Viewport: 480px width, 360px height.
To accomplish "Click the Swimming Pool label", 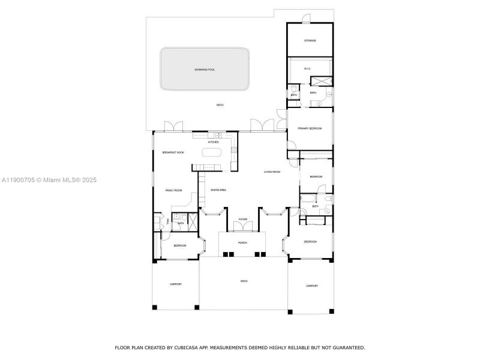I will coord(205,70).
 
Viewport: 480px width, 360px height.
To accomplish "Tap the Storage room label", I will coord(310,41).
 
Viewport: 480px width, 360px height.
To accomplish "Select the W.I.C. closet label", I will coord(307,69).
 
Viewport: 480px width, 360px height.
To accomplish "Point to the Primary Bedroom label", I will coord(310,128).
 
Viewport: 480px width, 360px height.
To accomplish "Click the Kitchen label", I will coord(214,142).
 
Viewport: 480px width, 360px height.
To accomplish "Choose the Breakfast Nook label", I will coord(173,153).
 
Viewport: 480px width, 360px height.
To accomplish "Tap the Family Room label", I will coord(173,190).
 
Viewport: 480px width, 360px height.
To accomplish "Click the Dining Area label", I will coord(218,190).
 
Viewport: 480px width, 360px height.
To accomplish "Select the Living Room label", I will coord(272,172).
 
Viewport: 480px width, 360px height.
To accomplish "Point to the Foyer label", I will coord(243,220).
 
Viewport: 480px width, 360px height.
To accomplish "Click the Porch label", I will coord(242,243).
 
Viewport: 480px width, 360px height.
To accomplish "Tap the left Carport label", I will coord(175,284).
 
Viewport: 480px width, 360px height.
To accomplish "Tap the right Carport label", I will coord(312,286).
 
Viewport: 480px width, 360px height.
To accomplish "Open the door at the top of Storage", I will coord(306,19).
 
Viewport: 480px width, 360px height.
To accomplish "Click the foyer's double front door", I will coord(243,227).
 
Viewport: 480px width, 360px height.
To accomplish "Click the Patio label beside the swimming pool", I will coord(220,105).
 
